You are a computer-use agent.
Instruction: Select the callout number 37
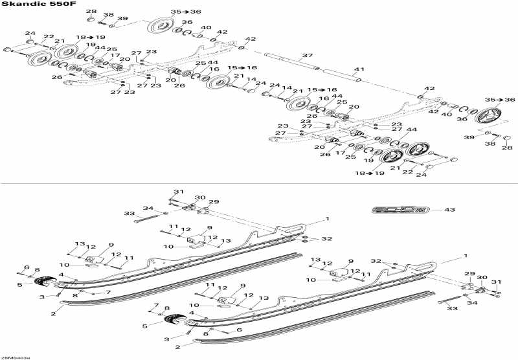(308, 55)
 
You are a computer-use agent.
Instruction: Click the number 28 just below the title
(91, 12)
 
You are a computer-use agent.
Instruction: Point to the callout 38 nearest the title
(108, 15)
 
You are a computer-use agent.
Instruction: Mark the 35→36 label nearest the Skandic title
(168, 12)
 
